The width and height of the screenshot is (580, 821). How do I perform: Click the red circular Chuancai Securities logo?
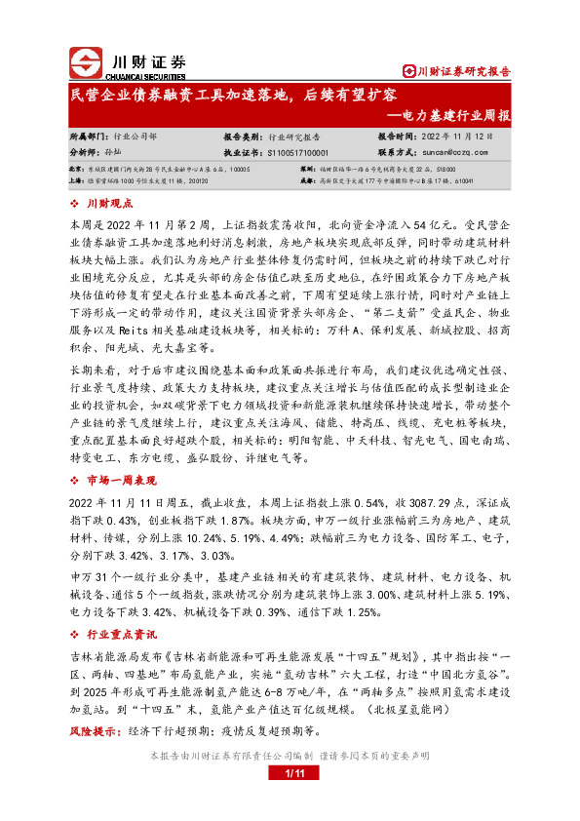86,64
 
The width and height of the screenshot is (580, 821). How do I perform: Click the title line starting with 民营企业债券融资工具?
234,96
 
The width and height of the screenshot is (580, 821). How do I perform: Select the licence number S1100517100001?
303,153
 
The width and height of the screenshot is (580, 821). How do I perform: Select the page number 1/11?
290,773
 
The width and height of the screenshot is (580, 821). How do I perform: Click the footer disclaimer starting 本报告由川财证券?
289,756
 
